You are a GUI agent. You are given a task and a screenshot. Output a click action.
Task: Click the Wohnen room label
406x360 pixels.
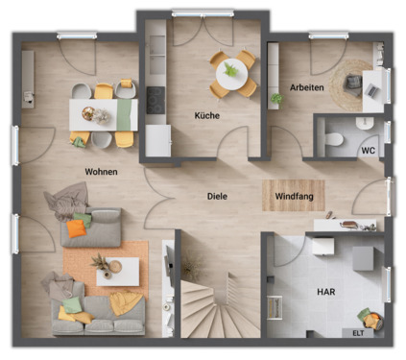pyautogui.click(x=101, y=172)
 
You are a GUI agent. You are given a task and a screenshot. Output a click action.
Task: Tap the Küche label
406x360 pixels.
pyautogui.click(x=206, y=115)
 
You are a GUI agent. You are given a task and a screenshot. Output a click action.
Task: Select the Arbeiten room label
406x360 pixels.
pyautogui.click(x=306, y=87)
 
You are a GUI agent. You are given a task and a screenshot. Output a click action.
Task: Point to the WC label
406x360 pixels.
pyautogui.click(x=368, y=151)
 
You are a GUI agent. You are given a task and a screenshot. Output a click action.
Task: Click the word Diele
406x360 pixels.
pyautogui.click(x=218, y=197)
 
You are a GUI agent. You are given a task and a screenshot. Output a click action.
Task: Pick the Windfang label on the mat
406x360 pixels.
pyautogui.click(x=293, y=196)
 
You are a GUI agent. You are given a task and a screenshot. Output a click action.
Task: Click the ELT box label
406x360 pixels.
pyautogui.click(x=358, y=332)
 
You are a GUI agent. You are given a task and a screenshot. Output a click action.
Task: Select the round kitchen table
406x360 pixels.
pyautogui.click(x=233, y=72)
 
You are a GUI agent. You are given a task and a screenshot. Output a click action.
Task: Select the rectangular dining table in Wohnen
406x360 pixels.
pyautogui.click(x=101, y=113)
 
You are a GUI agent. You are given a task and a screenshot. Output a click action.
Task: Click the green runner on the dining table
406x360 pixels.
pyautogui.click(x=123, y=113)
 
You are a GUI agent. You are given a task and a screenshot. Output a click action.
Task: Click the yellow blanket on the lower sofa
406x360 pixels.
pyautogui.click(x=124, y=303)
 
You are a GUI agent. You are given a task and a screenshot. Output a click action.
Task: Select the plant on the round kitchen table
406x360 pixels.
pyautogui.click(x=231, y=69)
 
